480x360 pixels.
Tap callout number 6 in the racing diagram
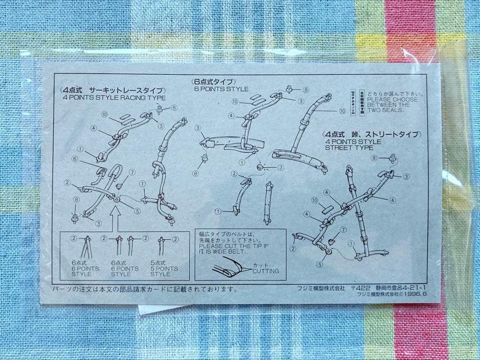[75, 159]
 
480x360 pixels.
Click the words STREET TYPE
[349, 148]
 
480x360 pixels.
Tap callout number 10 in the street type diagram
[315, 200]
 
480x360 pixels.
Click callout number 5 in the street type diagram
[319, 264]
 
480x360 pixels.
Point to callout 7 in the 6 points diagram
[280, 168]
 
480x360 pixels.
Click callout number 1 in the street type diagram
[352, 243]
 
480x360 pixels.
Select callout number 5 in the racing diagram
[137, 211]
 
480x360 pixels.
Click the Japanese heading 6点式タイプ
[212, 82]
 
